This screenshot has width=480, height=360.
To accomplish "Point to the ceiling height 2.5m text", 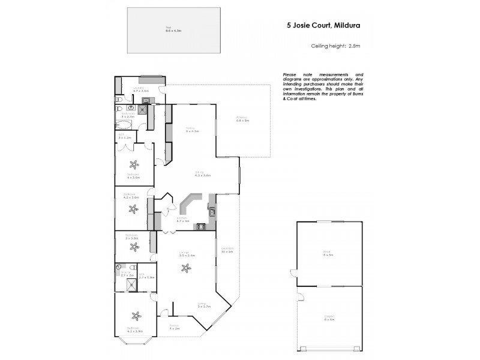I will tap(335, 46).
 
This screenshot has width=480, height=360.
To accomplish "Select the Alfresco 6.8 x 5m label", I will tap(242, 119).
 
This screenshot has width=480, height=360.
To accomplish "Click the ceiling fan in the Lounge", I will tap(184, 269).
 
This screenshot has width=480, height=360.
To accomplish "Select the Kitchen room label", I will tap(182, 220).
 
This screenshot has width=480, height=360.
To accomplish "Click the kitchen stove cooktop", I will tap(200, 227).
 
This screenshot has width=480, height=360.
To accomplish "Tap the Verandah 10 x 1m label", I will tap(227, 250).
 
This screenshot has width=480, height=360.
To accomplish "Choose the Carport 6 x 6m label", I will tap(328, 319).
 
